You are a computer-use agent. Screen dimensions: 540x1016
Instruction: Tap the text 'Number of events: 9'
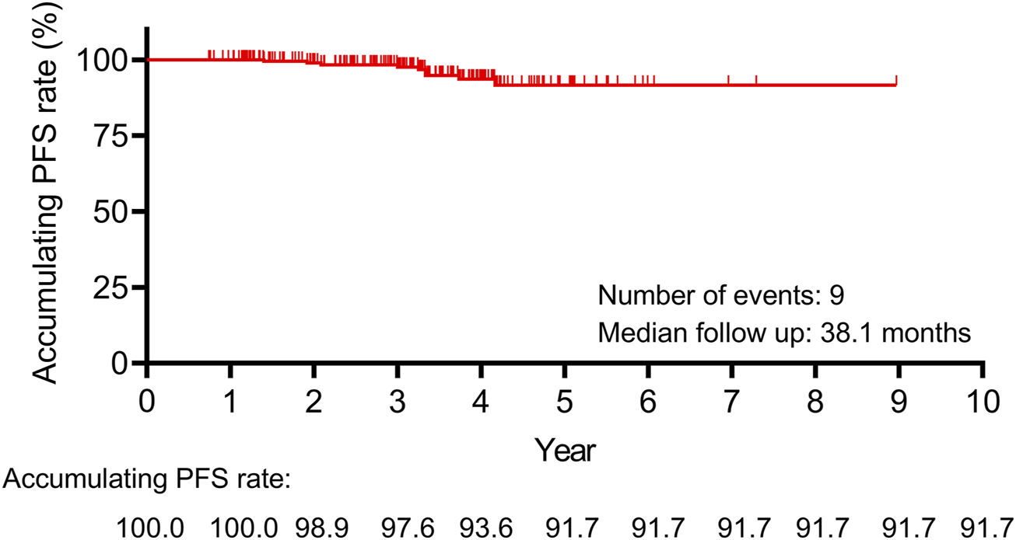(x=716, y=296)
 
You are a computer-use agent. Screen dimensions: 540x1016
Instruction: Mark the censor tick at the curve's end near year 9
(x=896, y=80)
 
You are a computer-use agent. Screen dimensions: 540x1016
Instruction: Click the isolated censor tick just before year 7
(x=728, y=80)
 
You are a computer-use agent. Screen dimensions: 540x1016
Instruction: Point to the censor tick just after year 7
(x=756, y=80)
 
